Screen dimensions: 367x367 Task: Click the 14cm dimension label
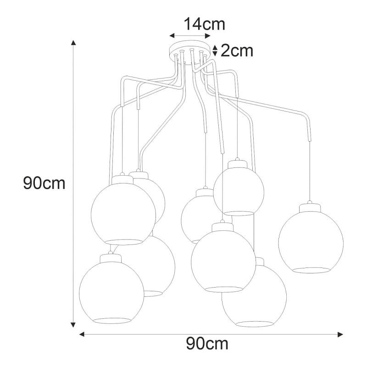click(205, 24)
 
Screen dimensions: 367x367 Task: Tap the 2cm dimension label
click(237, 50)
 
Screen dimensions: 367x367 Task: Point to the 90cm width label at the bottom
click(207, 344)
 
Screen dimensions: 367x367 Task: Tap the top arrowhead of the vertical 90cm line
click(73, 43)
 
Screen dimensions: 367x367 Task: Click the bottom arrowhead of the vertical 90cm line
click(73, 324)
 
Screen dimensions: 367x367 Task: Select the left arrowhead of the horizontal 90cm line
click(82, 334)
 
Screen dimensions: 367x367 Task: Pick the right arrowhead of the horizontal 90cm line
click(340, 334)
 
